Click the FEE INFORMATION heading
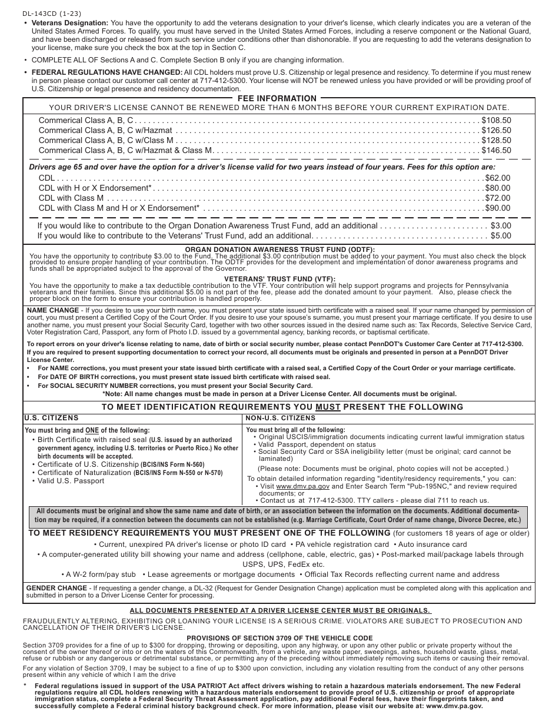pos(277,98)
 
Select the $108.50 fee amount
pos(496,120)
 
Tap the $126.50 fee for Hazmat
pos(496,130)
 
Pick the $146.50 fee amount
pos(496,150)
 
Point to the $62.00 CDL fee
pos(497,178)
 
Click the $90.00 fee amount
pos(497,208)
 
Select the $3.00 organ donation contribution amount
pos(501,225)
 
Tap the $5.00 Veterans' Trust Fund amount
pos(501,235)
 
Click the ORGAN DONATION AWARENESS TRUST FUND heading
pos(279,250)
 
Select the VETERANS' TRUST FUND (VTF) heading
pos(279,279)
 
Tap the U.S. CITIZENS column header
pos(51,417)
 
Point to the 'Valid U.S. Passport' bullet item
pos(71,481)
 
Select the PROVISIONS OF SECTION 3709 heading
pos(279,639)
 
